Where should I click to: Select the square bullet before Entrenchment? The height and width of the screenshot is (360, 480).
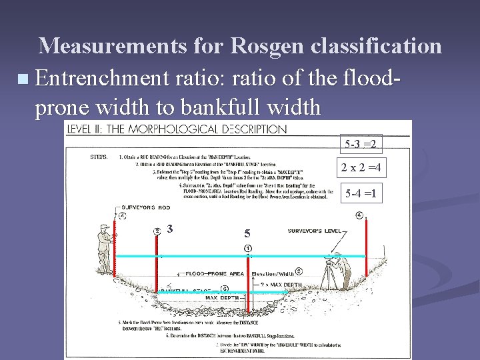coord(25,80)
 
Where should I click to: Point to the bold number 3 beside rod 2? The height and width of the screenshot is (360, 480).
coord(171,229)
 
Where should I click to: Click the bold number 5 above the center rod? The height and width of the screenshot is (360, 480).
coord(247,234)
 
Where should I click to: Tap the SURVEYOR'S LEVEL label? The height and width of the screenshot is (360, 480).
coord(313,231)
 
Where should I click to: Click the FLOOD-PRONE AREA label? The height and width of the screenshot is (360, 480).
coord(213,273)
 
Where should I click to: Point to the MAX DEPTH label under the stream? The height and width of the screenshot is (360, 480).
coord(225,297)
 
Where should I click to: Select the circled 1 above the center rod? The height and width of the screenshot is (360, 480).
coord(247,248)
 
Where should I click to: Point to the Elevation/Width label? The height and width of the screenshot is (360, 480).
coord(272,273)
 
